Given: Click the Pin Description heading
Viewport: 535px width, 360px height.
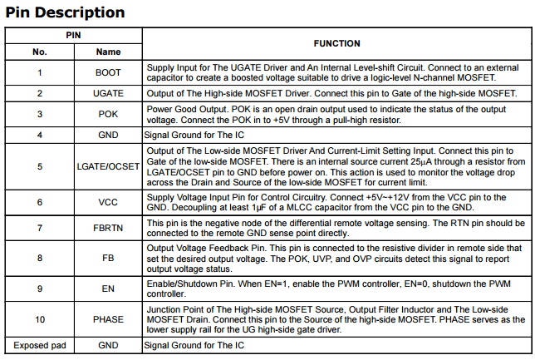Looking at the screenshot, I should click(x=65, y=12).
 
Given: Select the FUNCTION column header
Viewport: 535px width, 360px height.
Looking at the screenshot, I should click(x=336, y=43).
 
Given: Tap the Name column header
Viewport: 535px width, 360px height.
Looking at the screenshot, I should click(x=108, y=52).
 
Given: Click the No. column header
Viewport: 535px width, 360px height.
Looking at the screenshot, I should click(x=39, y=52).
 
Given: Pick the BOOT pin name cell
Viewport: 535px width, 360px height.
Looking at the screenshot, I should click(x=108, y=72).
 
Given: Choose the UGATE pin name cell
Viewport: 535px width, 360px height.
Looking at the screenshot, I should click(x=108, y=93).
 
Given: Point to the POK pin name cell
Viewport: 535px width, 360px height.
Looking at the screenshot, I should click(x=108, y=114).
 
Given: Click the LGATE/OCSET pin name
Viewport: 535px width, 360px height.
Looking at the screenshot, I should click(x=108, y=165).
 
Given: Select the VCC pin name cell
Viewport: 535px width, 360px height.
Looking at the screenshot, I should click(x=108, y=202).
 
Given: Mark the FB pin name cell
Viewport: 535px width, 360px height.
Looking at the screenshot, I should click(x=108, y=259).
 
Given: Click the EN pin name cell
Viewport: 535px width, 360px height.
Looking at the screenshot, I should click(x=108, y=288).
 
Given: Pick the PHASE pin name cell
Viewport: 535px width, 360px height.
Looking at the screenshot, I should click(x=108, y=319).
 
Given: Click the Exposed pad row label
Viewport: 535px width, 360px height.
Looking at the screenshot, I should click(x=39, y=345).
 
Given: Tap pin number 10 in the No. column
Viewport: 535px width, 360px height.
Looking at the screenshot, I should click(x=39, y=319).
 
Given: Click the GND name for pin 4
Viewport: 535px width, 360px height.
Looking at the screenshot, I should click(x=108, y=135).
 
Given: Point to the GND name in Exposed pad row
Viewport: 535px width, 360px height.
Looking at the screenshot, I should click(x=108, y=345).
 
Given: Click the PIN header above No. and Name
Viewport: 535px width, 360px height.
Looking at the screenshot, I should click(x=74, y=36).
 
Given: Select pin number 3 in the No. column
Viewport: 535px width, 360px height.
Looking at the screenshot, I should click(x=39, y=114).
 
